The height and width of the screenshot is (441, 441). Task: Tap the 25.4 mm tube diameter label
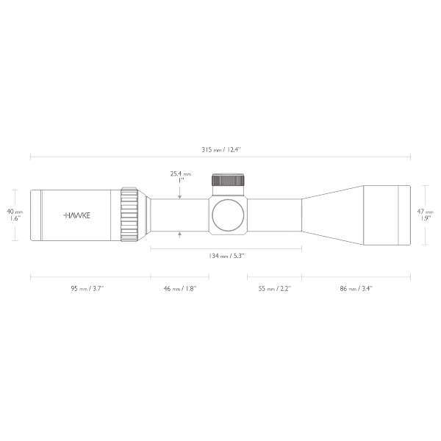pos(180,174)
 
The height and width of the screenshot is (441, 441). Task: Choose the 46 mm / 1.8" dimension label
pos(179,289)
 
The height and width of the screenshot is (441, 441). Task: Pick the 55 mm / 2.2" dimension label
pos(273,289)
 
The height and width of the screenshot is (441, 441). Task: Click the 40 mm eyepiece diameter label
pos(12,209)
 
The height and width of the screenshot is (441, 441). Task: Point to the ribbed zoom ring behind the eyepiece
pos(130,214)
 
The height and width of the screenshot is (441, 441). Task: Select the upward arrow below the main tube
pos(181,234)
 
